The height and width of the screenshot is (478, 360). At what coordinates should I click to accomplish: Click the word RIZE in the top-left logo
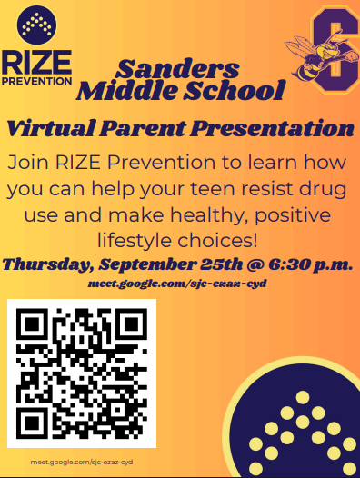click(36, 62)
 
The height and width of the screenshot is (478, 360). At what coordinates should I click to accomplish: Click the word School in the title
click(237, 91)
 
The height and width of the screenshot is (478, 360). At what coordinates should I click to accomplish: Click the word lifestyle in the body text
click(139, 242)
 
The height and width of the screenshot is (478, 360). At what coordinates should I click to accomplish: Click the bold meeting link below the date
click(177, 284)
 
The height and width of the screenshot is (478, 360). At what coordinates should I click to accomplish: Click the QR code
click(82, 373)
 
